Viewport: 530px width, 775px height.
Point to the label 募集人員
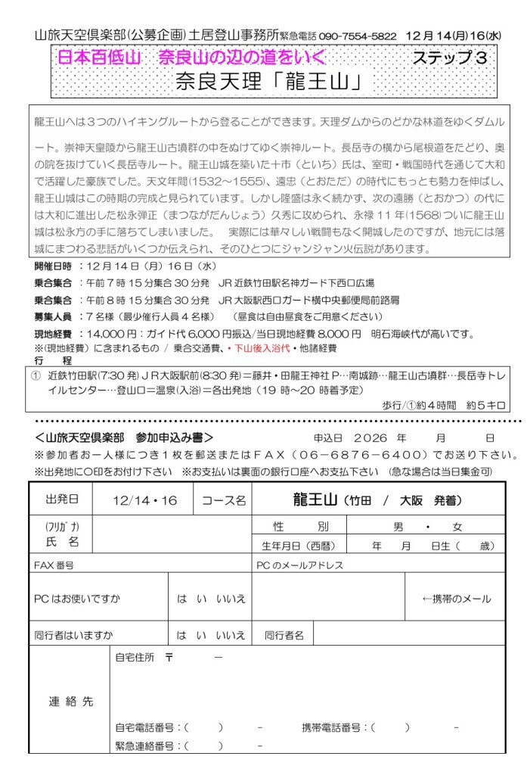point(53,316)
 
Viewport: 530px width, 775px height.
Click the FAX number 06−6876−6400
point(379,456)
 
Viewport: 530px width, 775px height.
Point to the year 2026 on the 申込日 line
point(369,437)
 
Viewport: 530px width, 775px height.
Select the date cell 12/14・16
point(143,500)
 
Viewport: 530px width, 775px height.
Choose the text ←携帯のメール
point(456,599)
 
